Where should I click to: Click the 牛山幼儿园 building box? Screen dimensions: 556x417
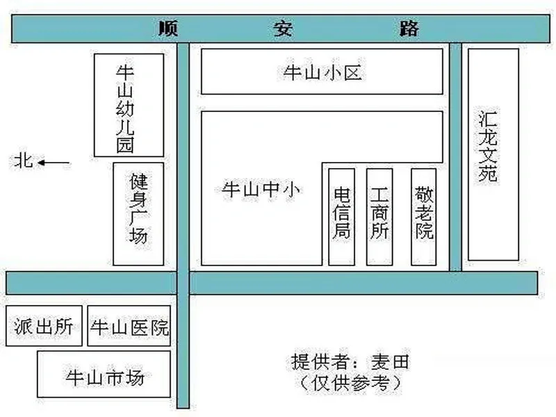(129, 106)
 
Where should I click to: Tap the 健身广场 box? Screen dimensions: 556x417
(138, 214)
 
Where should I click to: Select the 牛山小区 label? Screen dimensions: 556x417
(322, 73)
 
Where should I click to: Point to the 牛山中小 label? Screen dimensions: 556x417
(261, 189)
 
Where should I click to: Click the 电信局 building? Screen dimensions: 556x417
(341, 217)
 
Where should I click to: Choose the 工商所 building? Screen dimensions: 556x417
(379, 217)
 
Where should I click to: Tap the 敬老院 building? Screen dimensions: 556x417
(424, 217)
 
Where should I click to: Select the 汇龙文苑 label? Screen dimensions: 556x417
(488, 146)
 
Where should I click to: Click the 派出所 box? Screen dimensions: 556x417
(44, 326)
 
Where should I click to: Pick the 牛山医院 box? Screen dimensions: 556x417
(129, 326)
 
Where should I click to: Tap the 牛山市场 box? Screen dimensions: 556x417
(104, 374)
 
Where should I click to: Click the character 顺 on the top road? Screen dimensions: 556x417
(168, 28)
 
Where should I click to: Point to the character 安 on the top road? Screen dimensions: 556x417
(283, 28)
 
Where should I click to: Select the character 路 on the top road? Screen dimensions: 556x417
(409, 28)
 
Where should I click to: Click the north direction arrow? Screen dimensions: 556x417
(54, 163)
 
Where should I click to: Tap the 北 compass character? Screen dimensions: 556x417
(24, 161)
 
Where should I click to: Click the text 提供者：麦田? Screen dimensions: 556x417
(350, 362)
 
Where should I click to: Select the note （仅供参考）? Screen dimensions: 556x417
(350, 383)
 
